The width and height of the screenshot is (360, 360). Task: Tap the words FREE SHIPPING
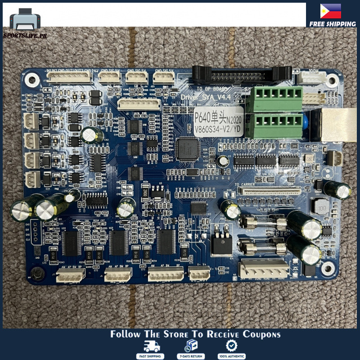[x=333, y=24]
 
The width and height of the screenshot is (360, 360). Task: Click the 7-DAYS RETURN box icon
[x=191, y=346]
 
